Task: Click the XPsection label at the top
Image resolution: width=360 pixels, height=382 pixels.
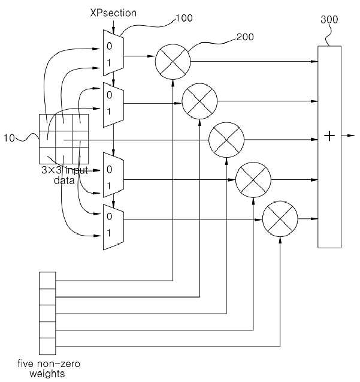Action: [x=113, y=13]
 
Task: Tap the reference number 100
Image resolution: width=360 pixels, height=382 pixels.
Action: [x=184, y=18]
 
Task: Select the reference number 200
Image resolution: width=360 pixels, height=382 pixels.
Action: [x=245, y=37]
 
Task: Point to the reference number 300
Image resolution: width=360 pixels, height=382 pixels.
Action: [x=329, y=19]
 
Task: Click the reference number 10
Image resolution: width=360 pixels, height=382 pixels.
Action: [x=9, y=138]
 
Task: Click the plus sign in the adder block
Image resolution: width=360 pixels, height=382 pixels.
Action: [x=329, y=136]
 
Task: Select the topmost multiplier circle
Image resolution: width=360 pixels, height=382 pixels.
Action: [x=173, y=62]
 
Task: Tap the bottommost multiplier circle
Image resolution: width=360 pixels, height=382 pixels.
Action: [x=280, y=219]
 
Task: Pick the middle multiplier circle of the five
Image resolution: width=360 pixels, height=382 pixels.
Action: [x=226, y=140]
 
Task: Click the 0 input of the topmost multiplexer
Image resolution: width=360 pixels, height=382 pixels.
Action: [x=109, y=46]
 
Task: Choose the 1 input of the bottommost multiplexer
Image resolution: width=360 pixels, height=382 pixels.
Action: [x=109, y=233]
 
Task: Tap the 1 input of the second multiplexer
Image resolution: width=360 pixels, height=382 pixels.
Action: [x=109, y=112]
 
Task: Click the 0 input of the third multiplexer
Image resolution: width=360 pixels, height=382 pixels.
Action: [x=109, y=169]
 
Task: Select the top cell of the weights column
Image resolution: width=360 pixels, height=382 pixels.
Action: [x=47, y=281]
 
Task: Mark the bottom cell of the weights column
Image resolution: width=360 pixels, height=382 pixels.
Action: [x=47, y=346]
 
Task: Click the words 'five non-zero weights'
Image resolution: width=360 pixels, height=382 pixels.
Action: [x=49, y=368]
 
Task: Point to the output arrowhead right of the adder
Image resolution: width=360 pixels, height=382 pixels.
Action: [x=351, y=136]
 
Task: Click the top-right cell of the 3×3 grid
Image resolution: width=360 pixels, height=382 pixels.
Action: [x=80, y=122]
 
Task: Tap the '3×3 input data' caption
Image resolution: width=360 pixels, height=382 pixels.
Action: [x=65, y=175]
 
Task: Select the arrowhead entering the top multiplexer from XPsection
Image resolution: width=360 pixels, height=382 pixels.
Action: [x=113, y=31]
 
